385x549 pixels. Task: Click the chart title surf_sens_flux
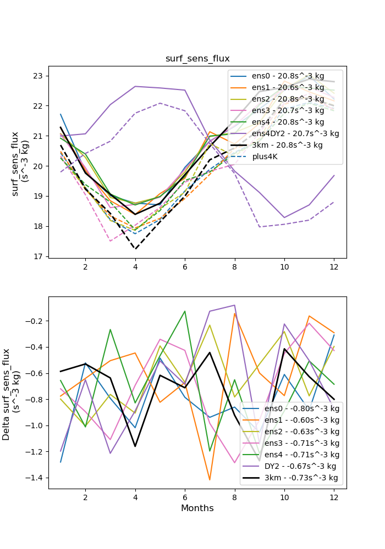197,58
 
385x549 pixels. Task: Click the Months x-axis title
197,508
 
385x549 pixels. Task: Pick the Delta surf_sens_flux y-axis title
13,393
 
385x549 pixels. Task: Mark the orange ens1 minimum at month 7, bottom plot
210,480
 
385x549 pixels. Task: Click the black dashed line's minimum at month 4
135,249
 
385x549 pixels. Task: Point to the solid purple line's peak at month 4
135,86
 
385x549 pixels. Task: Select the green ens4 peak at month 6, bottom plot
185,311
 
